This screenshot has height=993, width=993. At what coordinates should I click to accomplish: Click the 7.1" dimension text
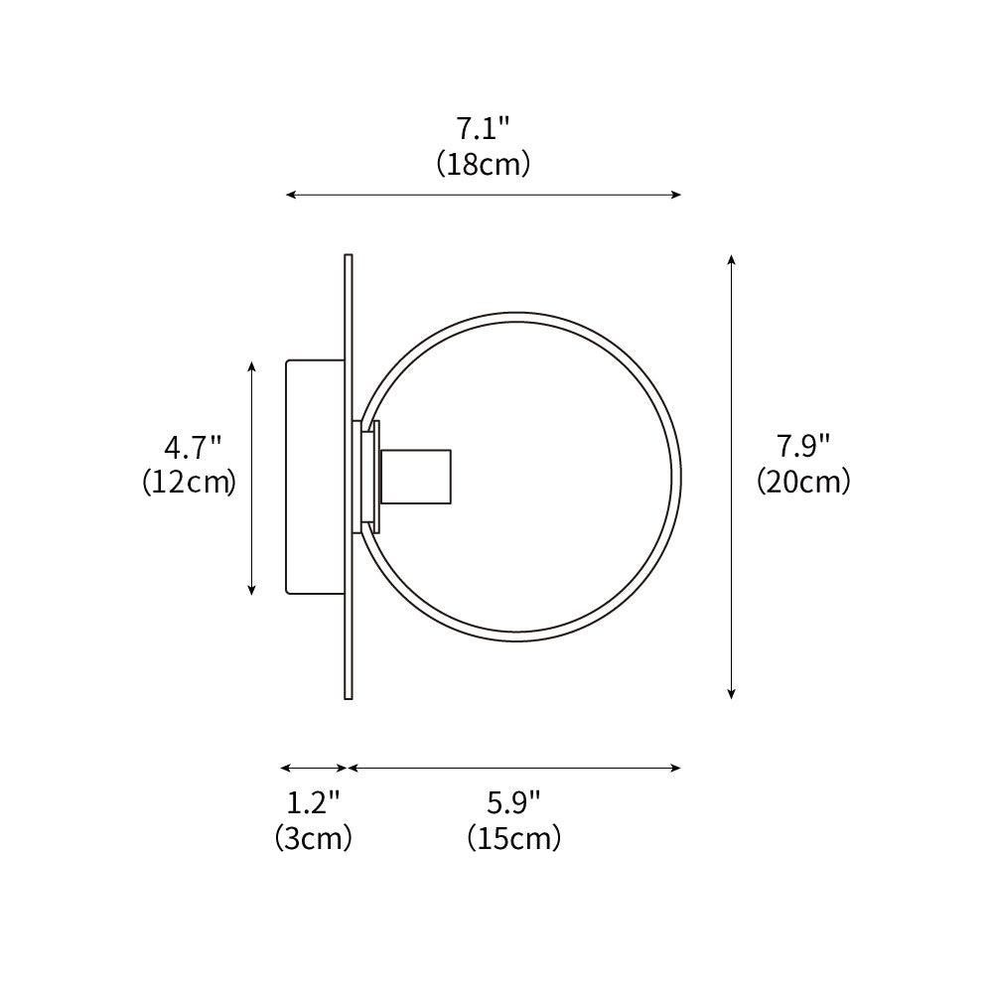coord(483,129)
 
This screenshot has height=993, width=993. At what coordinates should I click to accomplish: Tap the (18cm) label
coord(483,164)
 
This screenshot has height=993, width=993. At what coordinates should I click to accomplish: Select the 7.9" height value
coord(802,447)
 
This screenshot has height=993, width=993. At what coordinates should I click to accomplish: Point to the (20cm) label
coord(803,482)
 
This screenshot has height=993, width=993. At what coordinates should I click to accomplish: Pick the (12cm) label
coord(189,483)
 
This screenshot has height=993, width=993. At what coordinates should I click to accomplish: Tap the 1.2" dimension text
coord(313,802)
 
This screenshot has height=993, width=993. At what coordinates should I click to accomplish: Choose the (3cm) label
coord(313,838)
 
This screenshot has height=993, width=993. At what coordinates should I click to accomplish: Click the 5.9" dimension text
coord(513,802)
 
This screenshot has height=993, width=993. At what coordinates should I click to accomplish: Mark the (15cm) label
coord(513,838)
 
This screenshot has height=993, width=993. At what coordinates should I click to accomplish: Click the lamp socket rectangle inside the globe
coord(416,476)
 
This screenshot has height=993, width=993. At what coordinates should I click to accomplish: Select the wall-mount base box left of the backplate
coord(314,477)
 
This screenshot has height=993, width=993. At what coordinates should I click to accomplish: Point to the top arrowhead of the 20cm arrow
coord(732,259)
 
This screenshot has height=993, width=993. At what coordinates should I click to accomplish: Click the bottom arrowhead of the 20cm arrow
coord(732,694)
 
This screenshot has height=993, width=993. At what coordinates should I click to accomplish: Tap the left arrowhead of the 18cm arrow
coord(291,195)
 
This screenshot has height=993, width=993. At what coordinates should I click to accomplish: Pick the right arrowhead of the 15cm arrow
coord(676,768)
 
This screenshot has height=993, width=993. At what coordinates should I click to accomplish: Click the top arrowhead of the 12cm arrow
coord(252,365)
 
